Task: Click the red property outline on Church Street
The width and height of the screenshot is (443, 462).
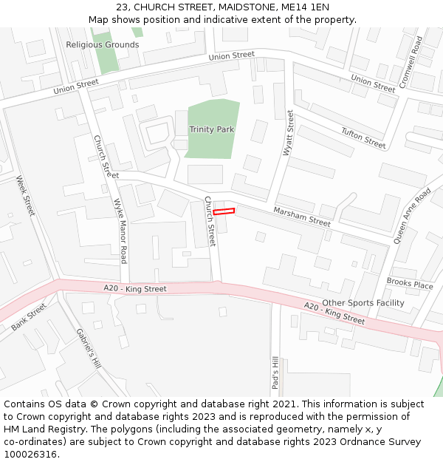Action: (x=224, y=212)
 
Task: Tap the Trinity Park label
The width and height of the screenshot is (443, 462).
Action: (x=211, y=129)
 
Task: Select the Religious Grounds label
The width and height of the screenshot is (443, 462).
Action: (x=102, y=44)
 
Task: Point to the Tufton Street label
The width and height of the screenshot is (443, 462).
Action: (x=363, y=137)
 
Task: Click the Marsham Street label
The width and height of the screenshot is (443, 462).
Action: (x=302, y=217)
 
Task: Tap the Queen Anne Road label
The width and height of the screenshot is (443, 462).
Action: (x=411, y=216)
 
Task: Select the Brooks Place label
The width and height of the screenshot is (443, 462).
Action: (x=410, y=284)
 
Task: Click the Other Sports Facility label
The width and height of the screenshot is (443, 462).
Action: (x=363, y=303)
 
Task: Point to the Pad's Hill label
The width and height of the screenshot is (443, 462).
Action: (x=275, y=373)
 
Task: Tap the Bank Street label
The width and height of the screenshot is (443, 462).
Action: (x=29, y=316)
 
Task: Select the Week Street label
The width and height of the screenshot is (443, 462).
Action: (x=25, y=196)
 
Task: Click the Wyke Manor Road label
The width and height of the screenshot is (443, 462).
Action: (x=119, y=231)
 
